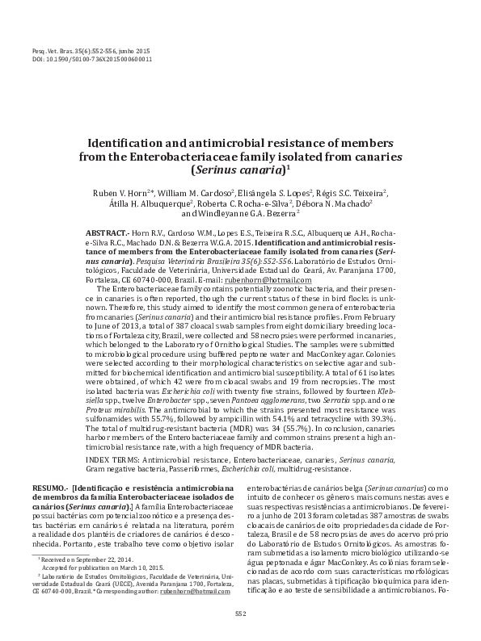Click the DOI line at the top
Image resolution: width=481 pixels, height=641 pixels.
[x=91, y=59]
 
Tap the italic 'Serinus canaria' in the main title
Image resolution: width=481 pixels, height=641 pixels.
[x=238, y=171]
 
